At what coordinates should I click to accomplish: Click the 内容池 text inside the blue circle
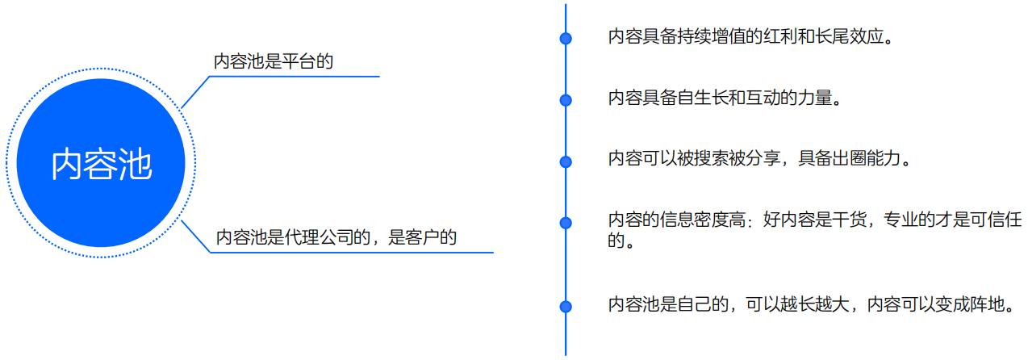tap(102, 164)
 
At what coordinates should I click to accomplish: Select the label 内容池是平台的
tap(274, 61)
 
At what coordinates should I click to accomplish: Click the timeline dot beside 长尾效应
tap(566, 38)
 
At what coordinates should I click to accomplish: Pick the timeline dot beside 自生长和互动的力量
tap(566, 100)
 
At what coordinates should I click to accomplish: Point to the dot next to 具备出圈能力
tap(566, 161)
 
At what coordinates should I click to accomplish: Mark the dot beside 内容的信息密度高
tap(566, 222)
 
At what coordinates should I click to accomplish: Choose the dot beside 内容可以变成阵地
tap(566, 306)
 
